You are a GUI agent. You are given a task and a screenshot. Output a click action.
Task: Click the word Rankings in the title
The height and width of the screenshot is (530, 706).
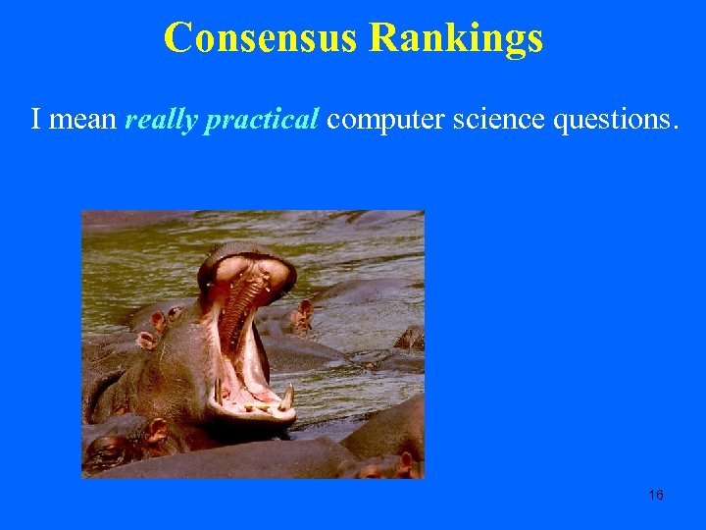tap(457, 37)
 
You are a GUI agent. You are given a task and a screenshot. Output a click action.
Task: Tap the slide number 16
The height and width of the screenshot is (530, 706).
tap(656, 495)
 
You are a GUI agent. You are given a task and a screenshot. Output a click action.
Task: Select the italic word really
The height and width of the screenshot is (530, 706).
tap(161, 120)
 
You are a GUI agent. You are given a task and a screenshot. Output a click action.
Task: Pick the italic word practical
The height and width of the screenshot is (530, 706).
tap(260, 120)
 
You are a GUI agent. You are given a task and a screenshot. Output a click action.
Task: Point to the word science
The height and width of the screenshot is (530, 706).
tap(498, 120)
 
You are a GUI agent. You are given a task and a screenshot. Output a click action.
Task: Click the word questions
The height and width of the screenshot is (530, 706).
tap(614, 120)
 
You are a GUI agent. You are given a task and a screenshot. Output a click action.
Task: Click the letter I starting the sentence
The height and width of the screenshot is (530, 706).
tap(36, 120)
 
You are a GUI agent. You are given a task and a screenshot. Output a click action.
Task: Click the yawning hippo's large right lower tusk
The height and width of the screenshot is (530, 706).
tap(287, 397)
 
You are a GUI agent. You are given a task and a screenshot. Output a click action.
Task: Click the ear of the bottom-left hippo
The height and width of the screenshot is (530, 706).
tap(157, 430)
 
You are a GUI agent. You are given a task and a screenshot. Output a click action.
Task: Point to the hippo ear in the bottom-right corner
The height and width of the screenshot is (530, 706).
tap(407, 461)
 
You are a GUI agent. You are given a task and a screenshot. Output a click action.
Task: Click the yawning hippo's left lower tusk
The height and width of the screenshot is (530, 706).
tap(218, 391)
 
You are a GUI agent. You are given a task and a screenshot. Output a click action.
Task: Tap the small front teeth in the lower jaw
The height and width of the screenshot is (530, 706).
tap(255, 405)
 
